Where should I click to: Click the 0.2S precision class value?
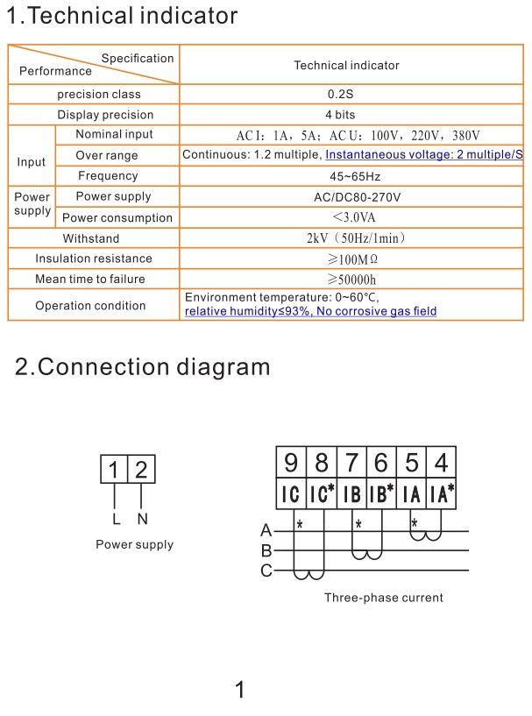[352, 95]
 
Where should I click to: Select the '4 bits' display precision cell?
[352, 115]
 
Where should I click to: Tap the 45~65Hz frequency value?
[352, 176]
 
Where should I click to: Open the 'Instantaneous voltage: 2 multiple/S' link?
[424, 155]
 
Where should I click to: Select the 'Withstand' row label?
[91, 238]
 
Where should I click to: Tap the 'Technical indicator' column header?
[346, 66]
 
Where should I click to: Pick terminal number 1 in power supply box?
[114, 471]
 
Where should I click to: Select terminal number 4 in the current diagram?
[441, 462]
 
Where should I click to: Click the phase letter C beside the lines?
[266, 571]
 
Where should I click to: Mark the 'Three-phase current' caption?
[384, 598]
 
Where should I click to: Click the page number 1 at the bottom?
[240, 690]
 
